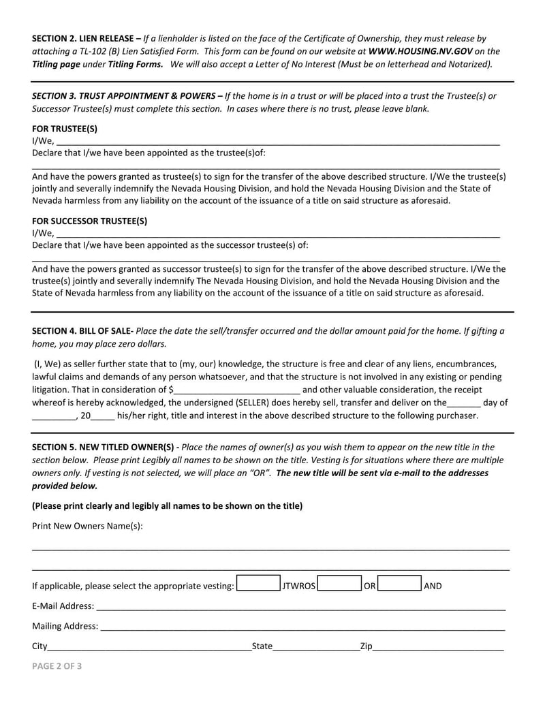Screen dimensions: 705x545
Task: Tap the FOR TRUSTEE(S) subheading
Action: tap(65, 128)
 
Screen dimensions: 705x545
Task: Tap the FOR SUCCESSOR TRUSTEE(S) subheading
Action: tap(89, 221)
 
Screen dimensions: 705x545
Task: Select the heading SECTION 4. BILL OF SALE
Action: tap(82, 330)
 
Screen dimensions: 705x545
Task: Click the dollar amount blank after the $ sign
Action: tap(237, 390)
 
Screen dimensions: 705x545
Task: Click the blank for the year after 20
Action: tap(102, 416)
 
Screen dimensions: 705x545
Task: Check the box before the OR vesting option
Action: tap(339, 585)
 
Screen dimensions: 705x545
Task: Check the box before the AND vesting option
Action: tap(399, 585)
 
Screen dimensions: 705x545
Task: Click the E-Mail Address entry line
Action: tap(300, 606)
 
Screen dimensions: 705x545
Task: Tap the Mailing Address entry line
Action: tap(302, 626)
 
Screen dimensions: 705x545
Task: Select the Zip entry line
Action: tap(438, 646)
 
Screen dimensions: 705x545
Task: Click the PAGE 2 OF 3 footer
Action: tap(57, 667)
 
